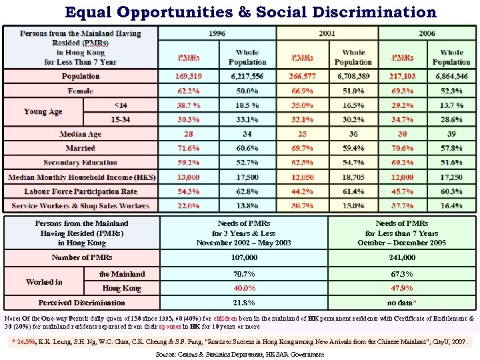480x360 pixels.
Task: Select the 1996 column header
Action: click(217, 33)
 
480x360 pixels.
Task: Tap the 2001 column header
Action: click(327, 33)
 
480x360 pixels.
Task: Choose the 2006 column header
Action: click(427, 33)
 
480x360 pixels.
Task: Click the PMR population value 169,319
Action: click(189, 77)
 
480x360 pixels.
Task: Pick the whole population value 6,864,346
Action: click(451, 77)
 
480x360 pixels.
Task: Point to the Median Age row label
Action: click(81, 135)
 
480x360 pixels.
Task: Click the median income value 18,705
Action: click(353, 177)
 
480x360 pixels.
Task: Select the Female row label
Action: click(81, 91)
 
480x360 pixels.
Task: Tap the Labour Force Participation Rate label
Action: click(81, 192)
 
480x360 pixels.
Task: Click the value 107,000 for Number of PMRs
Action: click(244, 257)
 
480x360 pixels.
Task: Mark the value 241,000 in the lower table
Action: click(401, 257)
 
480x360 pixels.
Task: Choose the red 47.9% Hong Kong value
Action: click(401, 288)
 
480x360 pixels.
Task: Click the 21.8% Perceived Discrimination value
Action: click(244, 303)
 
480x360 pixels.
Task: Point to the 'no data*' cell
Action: click(401, 303)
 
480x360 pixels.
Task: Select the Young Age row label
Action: click(43, 112)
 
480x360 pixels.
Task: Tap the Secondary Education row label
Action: click(81, 163)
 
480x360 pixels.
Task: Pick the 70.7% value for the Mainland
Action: click(244, 274)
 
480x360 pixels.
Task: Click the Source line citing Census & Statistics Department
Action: click(240, 354)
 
